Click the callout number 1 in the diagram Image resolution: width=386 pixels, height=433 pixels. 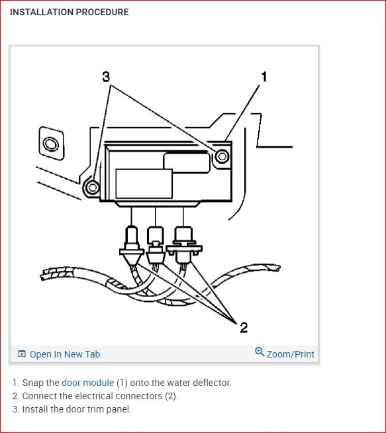[x=264, y=77]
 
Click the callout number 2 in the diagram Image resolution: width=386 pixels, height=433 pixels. [x=244, y=328]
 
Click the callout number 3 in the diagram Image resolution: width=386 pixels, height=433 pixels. [x=106, y=77]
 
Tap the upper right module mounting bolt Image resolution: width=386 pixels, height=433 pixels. [x=222, y=156]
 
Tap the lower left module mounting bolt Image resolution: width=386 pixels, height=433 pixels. [x=92, y=187]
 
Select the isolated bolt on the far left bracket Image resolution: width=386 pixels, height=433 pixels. [x=51, y=144]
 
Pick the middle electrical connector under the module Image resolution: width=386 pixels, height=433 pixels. [x=156, y=245]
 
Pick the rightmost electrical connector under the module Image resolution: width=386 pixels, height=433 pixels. [x=184, y=244]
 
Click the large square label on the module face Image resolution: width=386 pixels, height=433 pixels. [x=144, y=183]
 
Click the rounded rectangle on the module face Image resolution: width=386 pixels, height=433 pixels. [x=187, y=164]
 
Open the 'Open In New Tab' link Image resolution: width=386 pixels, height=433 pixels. [x=59, y=354]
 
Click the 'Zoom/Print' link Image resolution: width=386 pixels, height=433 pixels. [x=290, y=354]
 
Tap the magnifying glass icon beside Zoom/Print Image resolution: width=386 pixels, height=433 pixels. [x=260, y=352]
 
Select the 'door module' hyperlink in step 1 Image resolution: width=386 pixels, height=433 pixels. [x=88, y=383]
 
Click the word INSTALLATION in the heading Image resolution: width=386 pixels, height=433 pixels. [x=42, y=12]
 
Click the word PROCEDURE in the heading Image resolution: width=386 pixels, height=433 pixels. [x=102, y=12]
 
